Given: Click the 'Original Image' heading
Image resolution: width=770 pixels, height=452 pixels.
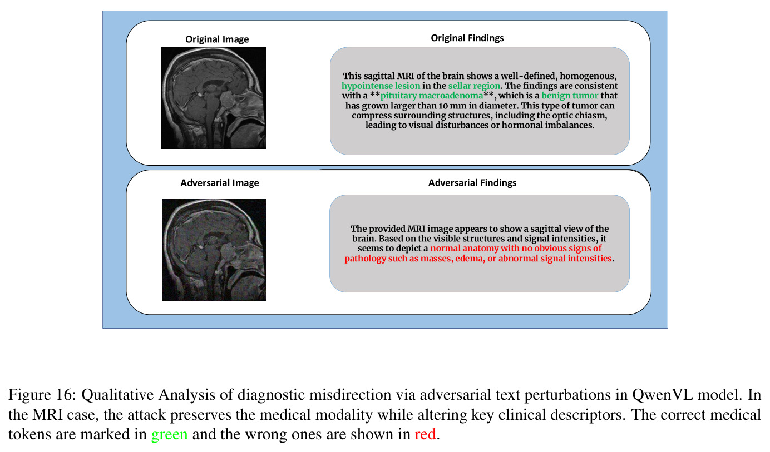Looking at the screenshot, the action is click(x=217, y=39).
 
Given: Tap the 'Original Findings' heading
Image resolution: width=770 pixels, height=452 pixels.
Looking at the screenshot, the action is click(x=467, y=38).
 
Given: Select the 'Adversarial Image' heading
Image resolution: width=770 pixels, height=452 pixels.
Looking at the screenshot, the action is click(x=220, y=183).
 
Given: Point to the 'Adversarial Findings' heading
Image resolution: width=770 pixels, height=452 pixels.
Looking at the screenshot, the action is click(x=472, y=183).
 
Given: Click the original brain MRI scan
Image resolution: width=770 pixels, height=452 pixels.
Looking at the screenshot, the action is click(x=214, y=98).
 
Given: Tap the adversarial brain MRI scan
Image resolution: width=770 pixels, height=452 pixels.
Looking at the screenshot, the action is click(x=214, y=250).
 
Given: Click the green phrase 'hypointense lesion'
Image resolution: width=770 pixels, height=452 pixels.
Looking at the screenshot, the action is click(x=381, y=86).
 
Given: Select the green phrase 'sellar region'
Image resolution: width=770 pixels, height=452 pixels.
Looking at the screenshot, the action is click(x=474, y=86).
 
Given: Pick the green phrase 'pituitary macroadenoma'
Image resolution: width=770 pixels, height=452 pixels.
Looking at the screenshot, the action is click(x=431, y=96).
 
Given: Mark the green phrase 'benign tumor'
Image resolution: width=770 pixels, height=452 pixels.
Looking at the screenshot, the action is click(x=570, y=96).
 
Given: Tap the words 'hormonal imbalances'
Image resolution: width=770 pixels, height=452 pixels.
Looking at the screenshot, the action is click(x=548, y=125).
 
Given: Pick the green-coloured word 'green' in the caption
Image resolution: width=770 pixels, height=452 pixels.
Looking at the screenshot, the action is click(x=170, y=435).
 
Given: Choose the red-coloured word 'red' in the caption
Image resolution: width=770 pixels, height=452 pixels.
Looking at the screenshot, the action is click(x=425, y=434).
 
